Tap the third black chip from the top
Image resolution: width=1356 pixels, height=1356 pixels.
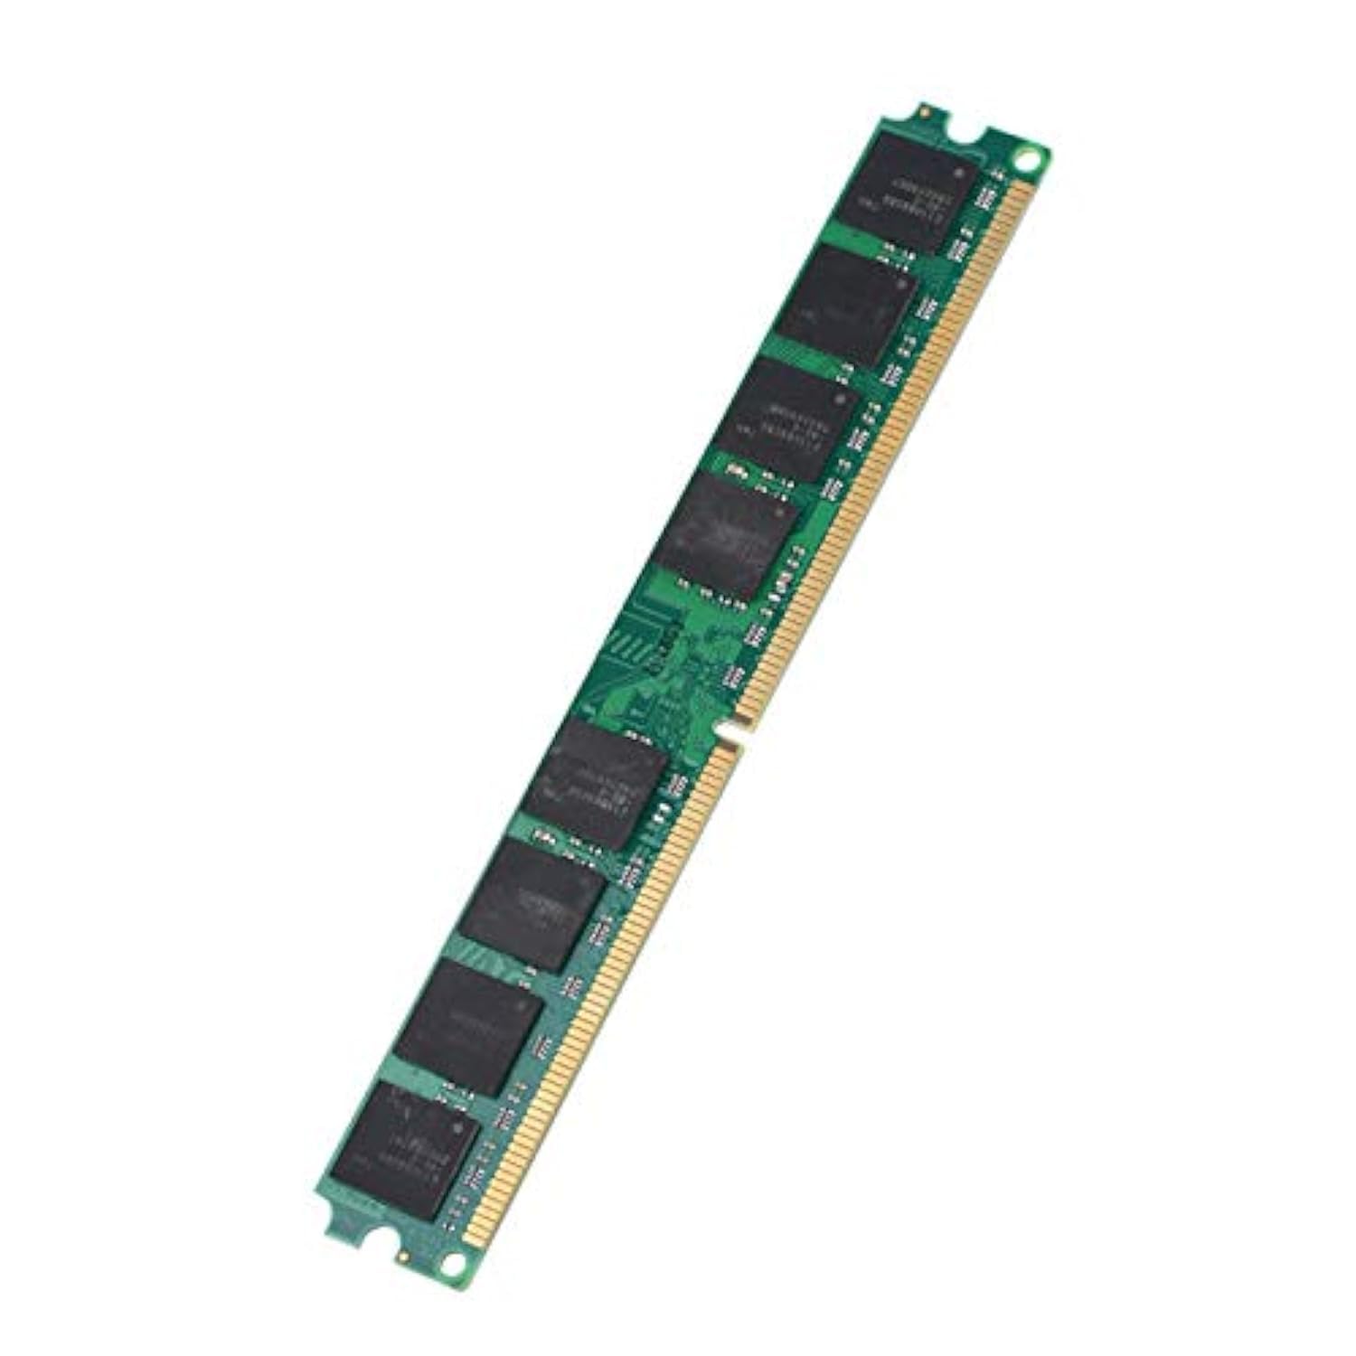coord(788,419)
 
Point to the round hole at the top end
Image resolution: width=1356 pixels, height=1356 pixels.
coord(1024,164)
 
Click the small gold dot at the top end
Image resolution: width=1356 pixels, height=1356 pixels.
coord(924,114)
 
